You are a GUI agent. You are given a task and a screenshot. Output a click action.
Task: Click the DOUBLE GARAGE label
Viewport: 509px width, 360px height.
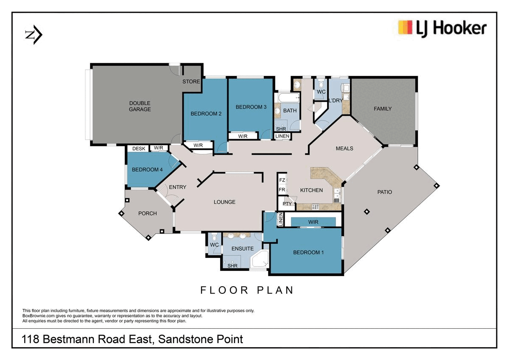point(140,106)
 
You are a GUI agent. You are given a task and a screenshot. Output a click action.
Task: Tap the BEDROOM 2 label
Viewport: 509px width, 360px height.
point(206,113)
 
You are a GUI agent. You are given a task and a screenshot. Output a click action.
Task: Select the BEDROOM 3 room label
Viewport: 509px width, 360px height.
point(251,107)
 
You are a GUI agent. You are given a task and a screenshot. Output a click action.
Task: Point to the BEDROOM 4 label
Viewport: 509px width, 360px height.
point(147,170)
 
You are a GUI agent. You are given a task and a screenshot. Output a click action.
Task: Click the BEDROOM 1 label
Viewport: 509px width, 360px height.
point(308,252)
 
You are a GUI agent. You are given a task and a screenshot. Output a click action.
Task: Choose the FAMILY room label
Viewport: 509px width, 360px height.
point(383,109)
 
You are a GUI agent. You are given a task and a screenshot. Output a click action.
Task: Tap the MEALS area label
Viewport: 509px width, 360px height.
point(344,148)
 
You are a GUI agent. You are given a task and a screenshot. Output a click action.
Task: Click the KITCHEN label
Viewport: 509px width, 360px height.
point(312,190)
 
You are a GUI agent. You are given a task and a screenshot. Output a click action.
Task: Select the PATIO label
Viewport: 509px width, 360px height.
point(385,192)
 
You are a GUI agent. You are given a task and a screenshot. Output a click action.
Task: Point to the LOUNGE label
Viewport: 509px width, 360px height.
point(224,202)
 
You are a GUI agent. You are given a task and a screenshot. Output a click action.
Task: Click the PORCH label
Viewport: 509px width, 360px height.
point(148,213)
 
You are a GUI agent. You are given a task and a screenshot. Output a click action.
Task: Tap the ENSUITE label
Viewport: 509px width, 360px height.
point(243,248)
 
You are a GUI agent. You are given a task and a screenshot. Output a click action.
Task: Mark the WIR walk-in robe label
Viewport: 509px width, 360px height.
point(313,222)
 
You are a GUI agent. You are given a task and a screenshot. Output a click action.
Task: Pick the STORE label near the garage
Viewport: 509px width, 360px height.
point(191,81)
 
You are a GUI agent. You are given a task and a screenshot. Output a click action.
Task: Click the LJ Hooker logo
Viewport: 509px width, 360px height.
point(442,28)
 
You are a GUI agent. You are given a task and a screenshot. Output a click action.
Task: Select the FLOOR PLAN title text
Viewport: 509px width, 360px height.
point(247,290)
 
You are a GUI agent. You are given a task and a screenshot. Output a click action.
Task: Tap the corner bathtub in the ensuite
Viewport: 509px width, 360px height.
point(260,260)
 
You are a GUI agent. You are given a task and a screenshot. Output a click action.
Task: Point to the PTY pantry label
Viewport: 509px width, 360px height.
point(287,204)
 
